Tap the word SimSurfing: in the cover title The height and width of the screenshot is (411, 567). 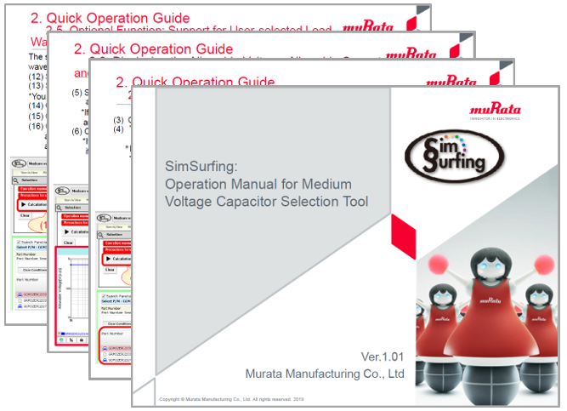(196, 166)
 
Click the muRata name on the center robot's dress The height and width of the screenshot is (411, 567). (489, 300)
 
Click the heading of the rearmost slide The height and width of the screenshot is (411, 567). (111, 16)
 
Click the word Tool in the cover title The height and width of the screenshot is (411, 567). (350, 202)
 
